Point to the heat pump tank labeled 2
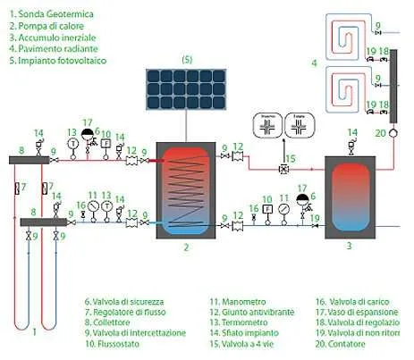(x=186, y=188)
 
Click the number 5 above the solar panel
(x=188, y=59)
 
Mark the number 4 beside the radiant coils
(x=314, y=63)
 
